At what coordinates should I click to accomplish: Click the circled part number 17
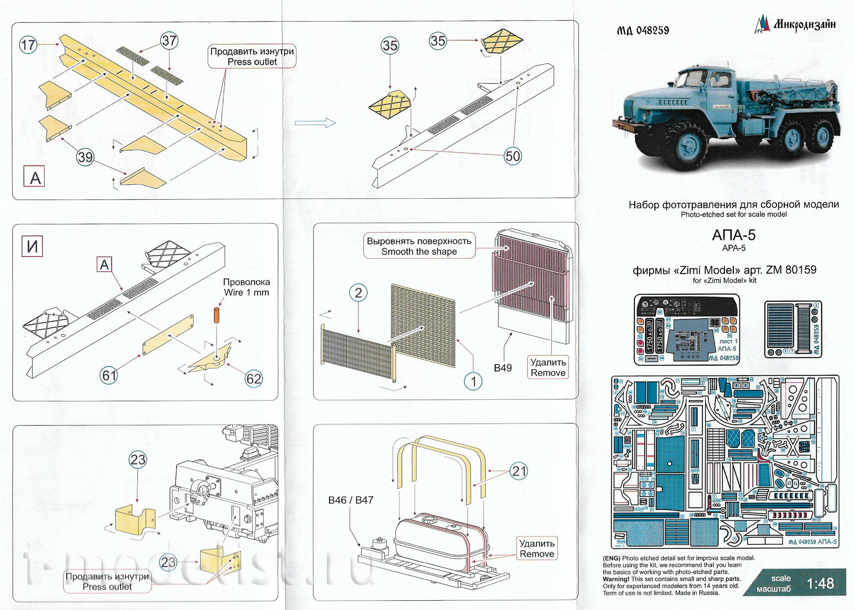point(28,45)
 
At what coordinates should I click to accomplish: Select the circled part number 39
point(85,157)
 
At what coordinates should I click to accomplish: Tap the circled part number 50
point(513,155)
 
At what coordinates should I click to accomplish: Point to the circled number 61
point(109,374)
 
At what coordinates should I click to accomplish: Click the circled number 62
point(253,378)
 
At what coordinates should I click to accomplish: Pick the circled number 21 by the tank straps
point(519,471)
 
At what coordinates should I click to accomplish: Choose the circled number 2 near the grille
point(358,292)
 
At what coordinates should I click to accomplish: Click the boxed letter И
point(33,246)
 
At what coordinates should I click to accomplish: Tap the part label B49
point(503,368)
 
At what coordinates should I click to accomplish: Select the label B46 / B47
point(350,500)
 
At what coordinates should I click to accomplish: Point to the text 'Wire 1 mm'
point(246,292)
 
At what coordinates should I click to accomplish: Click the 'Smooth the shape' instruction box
point(419,246)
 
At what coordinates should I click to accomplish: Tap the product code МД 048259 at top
point(643,31)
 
